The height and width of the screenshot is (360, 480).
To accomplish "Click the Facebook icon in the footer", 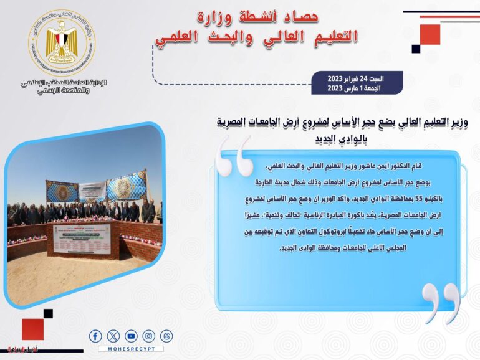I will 95,336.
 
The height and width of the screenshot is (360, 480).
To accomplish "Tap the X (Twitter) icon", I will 113,336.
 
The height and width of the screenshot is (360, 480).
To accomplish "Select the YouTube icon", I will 131,336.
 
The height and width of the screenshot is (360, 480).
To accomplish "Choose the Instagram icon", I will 148,336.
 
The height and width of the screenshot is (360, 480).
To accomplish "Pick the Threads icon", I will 166,336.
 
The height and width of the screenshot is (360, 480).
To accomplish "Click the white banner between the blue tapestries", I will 93,190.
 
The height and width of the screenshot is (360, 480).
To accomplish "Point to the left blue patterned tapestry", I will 62,192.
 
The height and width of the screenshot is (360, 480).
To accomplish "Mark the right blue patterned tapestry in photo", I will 127,186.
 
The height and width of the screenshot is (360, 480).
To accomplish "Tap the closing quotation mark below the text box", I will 441,303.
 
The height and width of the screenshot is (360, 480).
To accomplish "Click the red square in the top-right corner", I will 430,34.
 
